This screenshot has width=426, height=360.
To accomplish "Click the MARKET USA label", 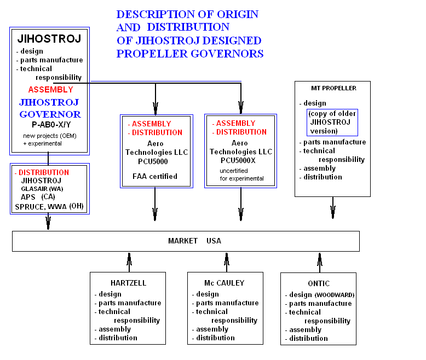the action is pyautogui.click(x=194, y=241).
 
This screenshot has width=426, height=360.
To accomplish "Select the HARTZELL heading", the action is pyautogui.click(x=128, y=283).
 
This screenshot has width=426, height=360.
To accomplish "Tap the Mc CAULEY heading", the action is pyautogui.click(x=224, y=283).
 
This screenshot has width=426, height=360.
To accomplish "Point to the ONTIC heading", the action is pyautogui.click(x=319, y=283).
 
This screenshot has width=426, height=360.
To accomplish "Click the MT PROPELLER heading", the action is pyautogui.click(x=333, y=88).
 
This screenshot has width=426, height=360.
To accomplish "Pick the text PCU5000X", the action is pyautogui.click(x=238, y=160).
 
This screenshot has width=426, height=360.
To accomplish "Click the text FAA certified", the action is pyautogui.click(x=155, y=177).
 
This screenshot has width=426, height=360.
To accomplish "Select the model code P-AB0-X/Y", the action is pyautogui.click(x=51, y=125).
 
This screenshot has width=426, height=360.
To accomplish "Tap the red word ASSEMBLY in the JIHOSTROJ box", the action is pyautogui.click(x=51, y=90).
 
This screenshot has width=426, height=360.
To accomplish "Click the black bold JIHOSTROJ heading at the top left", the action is pyautogui.click(x=49, y=38).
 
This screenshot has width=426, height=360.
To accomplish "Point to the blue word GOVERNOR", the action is pyautogui.click(x=50, y=114).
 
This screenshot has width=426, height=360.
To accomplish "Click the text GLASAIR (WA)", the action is pyautogui.click(x=42, y=189).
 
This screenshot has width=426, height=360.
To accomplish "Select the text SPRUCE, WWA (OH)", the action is pyautogui.click(x=49, y=207).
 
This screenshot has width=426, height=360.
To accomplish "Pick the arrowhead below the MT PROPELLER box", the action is pyautogui.click(x=333, y=212).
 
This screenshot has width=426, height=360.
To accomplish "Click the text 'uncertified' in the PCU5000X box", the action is pyautogui.click(x=234, y=171).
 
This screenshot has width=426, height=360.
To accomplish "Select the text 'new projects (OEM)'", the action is pyautogui.click(x=50, y=136).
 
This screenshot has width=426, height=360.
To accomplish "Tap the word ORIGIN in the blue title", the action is pyautogui.click(x=238, y=14).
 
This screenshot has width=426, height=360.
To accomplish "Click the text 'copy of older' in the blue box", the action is pyautogui.click(x=332, y=114).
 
